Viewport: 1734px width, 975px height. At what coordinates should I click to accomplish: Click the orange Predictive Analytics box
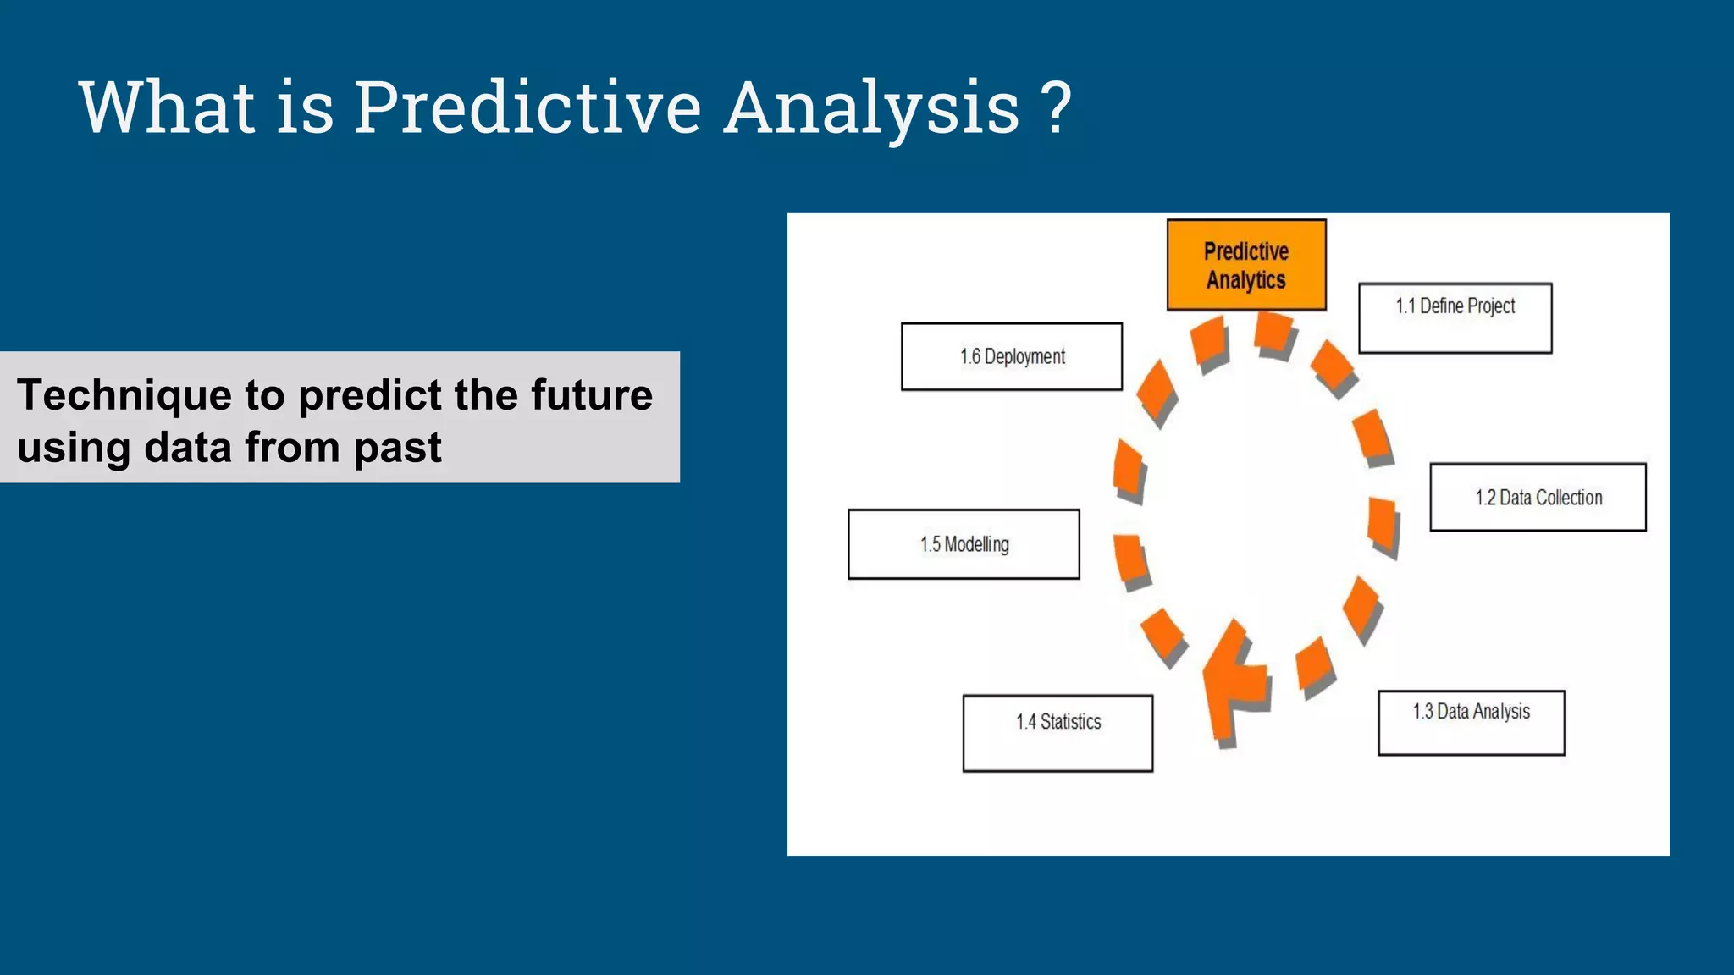click(x=1245, y=265)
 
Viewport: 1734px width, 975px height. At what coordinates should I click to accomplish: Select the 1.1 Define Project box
click(x=1455, y=318)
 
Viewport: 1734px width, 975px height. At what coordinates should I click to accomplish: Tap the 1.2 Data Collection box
click(x=1538, y=498)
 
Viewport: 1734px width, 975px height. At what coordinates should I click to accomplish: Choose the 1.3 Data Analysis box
click(x=1471, y=723)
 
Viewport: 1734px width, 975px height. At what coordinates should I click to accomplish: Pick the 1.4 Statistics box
click(x=1058, y=733)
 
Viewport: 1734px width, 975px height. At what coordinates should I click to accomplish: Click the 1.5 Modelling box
click(x=964, y=544)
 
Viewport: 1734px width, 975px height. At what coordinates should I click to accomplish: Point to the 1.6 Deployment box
click(x=1011, y=356)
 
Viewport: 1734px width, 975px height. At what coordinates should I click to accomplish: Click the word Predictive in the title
click(x=527, y=107)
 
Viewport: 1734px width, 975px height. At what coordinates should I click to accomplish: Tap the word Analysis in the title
click(x=872, y=107)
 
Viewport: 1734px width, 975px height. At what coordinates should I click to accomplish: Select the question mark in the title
click(x=1057, y=107)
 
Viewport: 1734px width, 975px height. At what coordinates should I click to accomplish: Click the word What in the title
click(x=167, y=107)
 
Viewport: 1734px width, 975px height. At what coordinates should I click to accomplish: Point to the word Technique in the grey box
click(x=124, y=396)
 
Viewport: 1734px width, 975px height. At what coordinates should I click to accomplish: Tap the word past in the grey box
click(x=397, y=449)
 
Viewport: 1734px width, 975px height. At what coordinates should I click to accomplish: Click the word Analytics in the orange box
click(x=1245, y=280)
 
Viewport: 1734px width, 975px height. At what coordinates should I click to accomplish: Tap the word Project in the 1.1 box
click(x=1491, y=306)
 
